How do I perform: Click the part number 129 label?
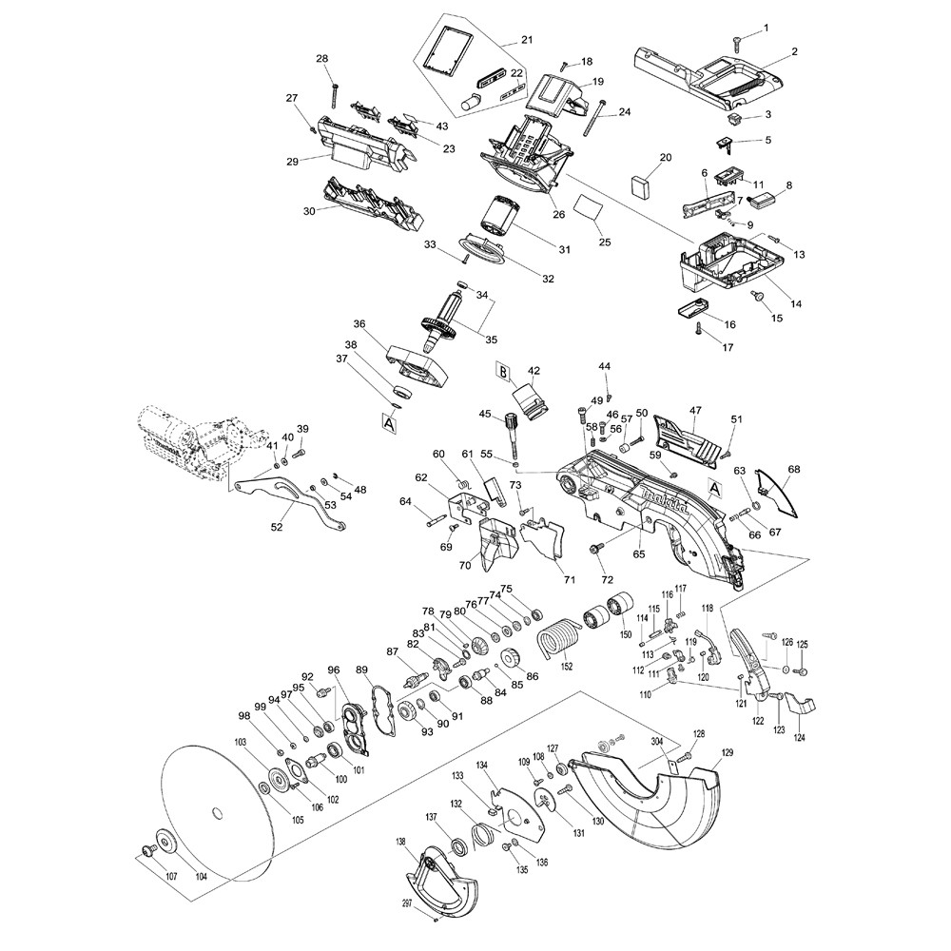coord(728,753)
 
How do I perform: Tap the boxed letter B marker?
coord(502,371)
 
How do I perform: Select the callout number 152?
coord(566,666)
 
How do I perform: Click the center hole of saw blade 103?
coord(218,812)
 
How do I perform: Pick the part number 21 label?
coord(526,40)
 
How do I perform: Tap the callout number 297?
coord(408,902)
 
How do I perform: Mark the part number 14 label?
coord(795,304)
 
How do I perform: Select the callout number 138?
coord(400,843)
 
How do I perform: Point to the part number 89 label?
coord(362,670)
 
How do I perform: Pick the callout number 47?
coord(695,411)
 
